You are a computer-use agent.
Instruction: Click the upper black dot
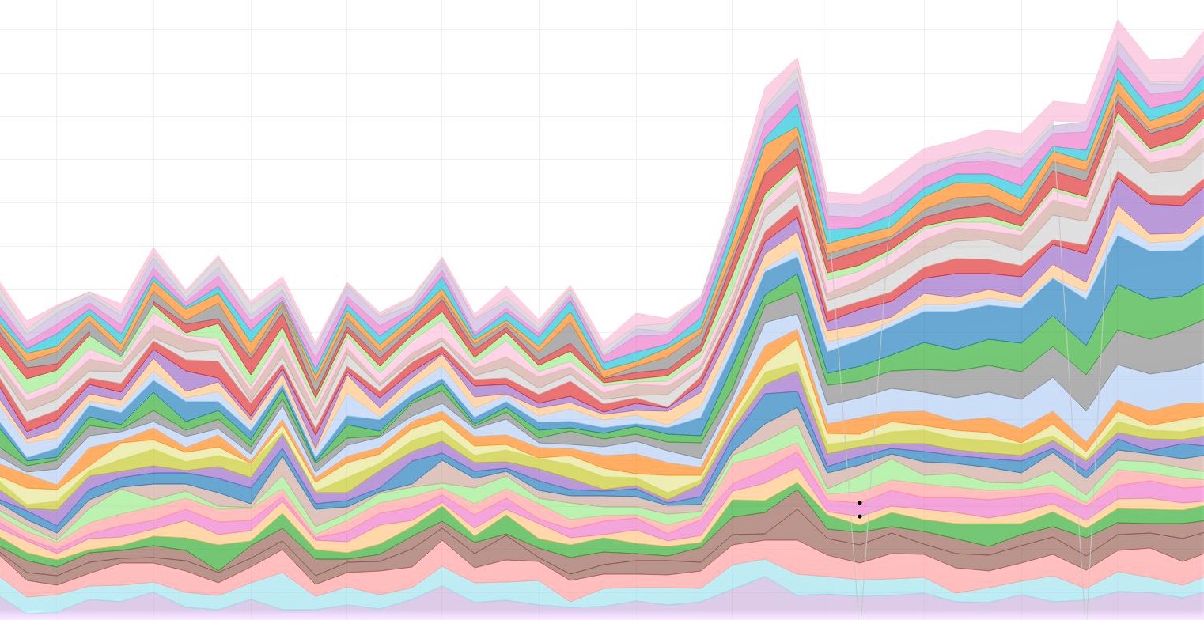pyautogui.click(x=859, y=502)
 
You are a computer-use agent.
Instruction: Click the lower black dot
pyautogui.click(x=859, y=516)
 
